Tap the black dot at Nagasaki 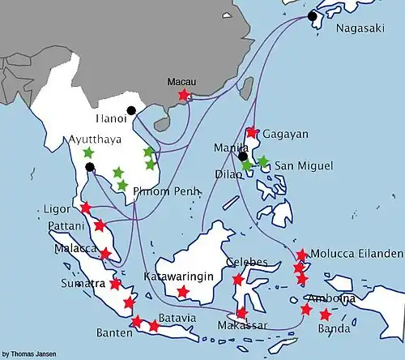click(313, 15)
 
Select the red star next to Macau click(184, 96)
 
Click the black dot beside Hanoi click(131, 111)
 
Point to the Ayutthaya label click(96, 139)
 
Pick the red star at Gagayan click(252, 132)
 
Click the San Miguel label click(304, 165)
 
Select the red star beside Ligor click(85, 208)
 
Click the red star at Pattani click(100, 225)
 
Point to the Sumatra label click(83, 284)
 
